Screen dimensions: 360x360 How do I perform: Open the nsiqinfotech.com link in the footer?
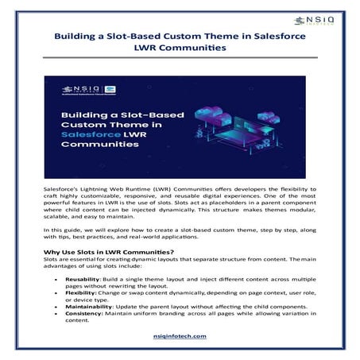180,336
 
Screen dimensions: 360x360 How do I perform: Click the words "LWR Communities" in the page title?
180,48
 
